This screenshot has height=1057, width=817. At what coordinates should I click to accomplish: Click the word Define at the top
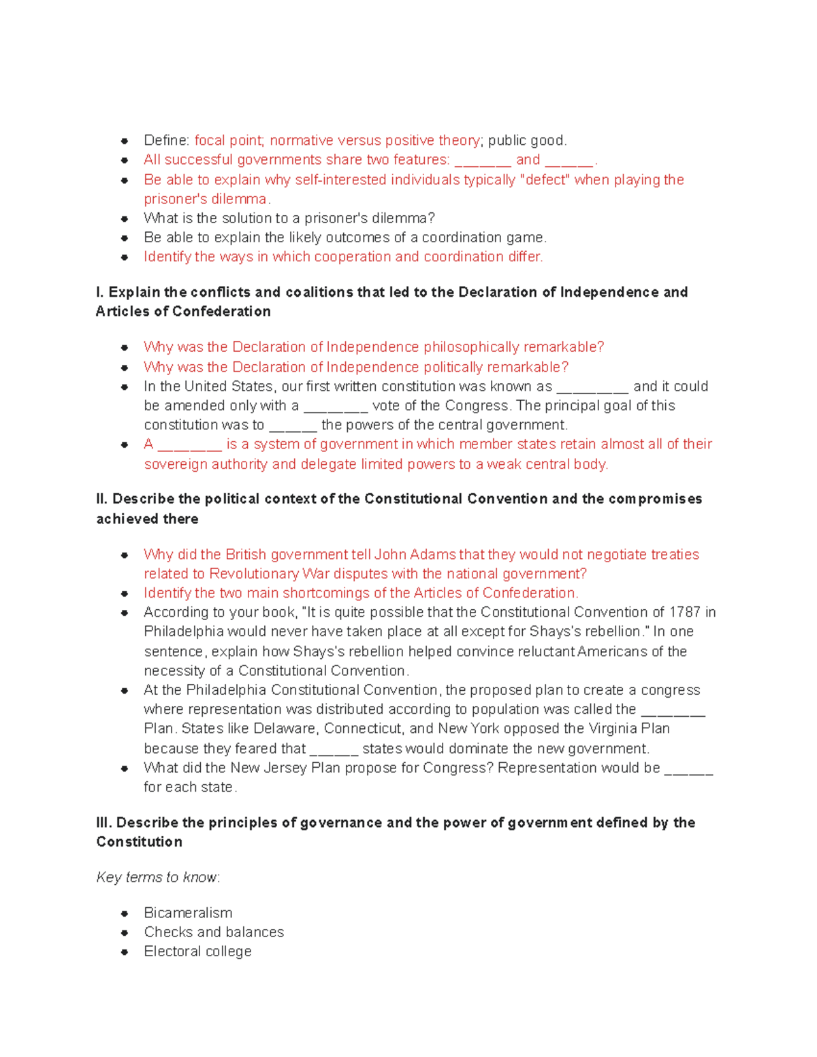pos(166,141)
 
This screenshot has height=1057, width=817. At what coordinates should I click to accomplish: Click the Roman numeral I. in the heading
pos(100,292)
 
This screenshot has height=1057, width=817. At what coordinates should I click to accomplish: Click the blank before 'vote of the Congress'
pos(336,406)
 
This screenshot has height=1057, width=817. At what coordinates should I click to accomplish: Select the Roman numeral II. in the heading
pos(102,499)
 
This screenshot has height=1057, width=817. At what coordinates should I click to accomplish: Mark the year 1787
pos(684,613)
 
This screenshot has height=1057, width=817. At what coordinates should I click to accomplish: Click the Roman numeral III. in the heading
pos(104,823)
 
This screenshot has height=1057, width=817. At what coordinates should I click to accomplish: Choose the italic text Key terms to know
pos(157,877)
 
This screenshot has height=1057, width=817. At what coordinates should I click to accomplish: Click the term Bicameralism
pos(188,913)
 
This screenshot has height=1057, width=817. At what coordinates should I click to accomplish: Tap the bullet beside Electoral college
pos(125,952)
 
